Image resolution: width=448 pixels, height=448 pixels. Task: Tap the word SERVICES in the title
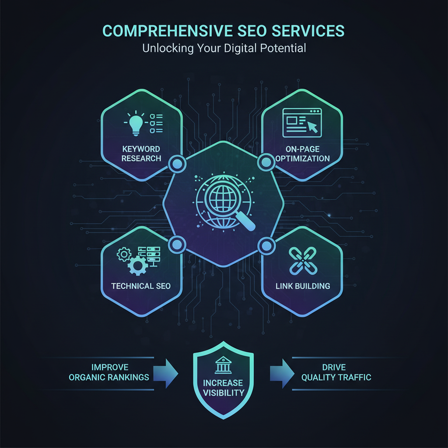308,31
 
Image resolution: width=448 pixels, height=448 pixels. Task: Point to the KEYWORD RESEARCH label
141,154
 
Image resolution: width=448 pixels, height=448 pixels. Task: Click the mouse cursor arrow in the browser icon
312,126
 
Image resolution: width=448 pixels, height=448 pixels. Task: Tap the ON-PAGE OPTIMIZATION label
303,154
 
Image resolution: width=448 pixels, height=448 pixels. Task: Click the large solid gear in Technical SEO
138,266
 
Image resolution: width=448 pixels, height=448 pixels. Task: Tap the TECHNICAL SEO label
141,286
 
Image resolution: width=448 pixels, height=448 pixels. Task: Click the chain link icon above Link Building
303,261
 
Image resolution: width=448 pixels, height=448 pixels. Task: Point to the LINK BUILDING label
303,286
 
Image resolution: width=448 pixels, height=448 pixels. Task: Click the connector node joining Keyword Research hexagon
177,164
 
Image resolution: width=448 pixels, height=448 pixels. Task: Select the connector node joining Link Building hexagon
266,246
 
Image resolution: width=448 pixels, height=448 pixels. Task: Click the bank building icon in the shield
223,365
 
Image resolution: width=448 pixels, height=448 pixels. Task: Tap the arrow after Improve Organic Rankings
166,374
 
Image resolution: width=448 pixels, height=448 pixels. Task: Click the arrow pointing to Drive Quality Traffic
282,374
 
